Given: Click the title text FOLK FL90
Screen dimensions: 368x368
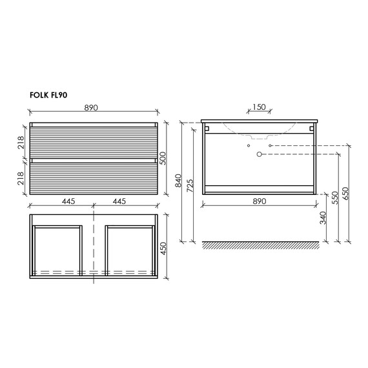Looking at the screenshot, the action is click(48, 95).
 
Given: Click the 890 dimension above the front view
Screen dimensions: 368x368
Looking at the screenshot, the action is click(91, 108).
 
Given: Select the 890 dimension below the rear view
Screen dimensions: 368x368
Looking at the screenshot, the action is click(260, 201).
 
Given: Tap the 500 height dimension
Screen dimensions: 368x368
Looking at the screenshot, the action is click(163, 158).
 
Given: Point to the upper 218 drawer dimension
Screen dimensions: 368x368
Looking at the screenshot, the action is click(21, 143).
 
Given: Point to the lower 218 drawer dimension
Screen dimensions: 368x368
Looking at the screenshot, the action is click(21, 178).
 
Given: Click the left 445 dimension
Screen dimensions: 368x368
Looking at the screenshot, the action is click(68, 201).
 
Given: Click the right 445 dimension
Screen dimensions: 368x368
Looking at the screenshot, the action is click(119, 201).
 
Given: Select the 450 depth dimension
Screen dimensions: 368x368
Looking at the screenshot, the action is click(163, 249).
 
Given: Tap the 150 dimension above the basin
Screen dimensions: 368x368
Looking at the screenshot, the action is click(259, 107).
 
